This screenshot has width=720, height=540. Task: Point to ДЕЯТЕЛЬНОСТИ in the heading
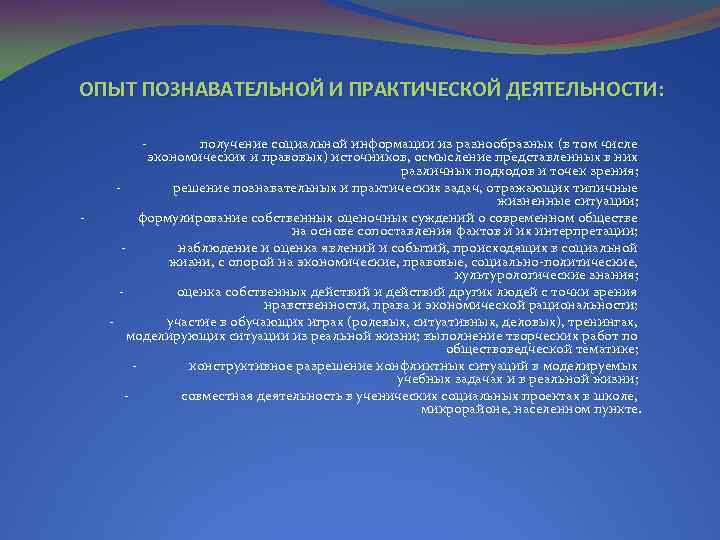click(582, 90)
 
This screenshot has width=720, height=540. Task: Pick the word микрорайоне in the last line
click(456, 409)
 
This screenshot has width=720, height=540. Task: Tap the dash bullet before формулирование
click(83, 217)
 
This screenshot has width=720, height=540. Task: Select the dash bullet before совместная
click(126, 395)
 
